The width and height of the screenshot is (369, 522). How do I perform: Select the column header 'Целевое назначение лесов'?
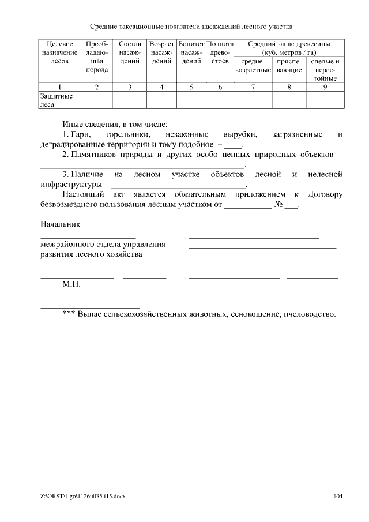pos(59,52)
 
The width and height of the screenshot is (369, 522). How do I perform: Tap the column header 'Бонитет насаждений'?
pos(191,52)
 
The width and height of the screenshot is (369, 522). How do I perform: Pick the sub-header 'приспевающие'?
pos(289,65)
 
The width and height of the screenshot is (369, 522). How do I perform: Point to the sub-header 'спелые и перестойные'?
pos(325,69)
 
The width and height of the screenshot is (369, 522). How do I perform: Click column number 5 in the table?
pos(191,87)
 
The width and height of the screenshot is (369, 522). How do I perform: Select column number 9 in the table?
pos(325,87)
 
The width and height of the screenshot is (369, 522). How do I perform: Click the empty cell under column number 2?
pos(96,100)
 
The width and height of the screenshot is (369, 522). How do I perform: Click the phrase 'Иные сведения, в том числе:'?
pos(115,124)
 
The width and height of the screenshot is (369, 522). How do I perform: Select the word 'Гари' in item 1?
pos(78,134)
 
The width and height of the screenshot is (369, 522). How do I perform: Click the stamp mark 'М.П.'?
pos(71,285)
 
